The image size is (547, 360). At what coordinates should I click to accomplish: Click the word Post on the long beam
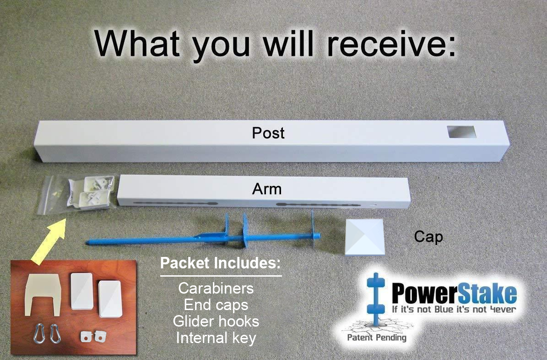[268, 133]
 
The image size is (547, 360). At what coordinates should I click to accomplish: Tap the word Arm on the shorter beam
[266, 189]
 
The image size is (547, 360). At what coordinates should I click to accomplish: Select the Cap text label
[428, 237]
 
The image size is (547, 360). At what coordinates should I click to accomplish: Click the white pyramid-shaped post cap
[365, 237]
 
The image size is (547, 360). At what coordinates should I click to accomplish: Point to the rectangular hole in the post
[461, 131]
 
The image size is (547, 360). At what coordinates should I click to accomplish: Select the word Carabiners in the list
[216, 289]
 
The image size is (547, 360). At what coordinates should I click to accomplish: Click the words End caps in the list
[216, 305]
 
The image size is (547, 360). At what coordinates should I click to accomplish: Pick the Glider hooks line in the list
[216, 321]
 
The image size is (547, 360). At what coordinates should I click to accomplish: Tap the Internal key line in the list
[216, 338]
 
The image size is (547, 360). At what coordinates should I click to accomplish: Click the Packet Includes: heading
[221, 263]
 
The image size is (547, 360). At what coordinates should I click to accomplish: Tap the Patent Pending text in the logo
[377, 337]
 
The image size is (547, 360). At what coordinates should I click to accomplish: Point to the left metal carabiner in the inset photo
[40, 334]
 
